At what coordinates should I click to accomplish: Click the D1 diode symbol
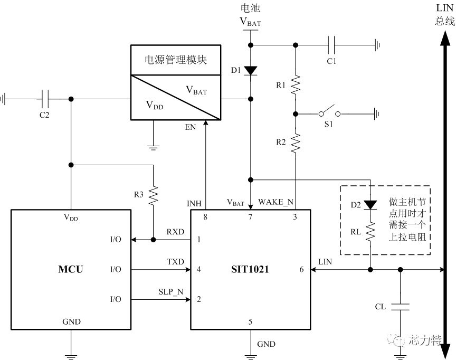(251, 70)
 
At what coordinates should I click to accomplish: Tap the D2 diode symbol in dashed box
(370, 204)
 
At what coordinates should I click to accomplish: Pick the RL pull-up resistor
(370, 231)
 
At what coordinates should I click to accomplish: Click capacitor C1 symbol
(332, 44)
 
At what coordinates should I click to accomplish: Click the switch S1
(328, 112)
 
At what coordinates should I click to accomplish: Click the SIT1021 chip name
(251, 270)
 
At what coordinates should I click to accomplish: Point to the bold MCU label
(70, 270)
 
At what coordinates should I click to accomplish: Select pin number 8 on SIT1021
(205, 217)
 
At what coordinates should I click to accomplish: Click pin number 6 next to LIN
(302, 270)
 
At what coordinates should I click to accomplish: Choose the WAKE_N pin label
(275, 202)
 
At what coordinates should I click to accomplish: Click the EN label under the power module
(191, 127)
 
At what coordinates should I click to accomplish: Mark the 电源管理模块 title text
(176, 60)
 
